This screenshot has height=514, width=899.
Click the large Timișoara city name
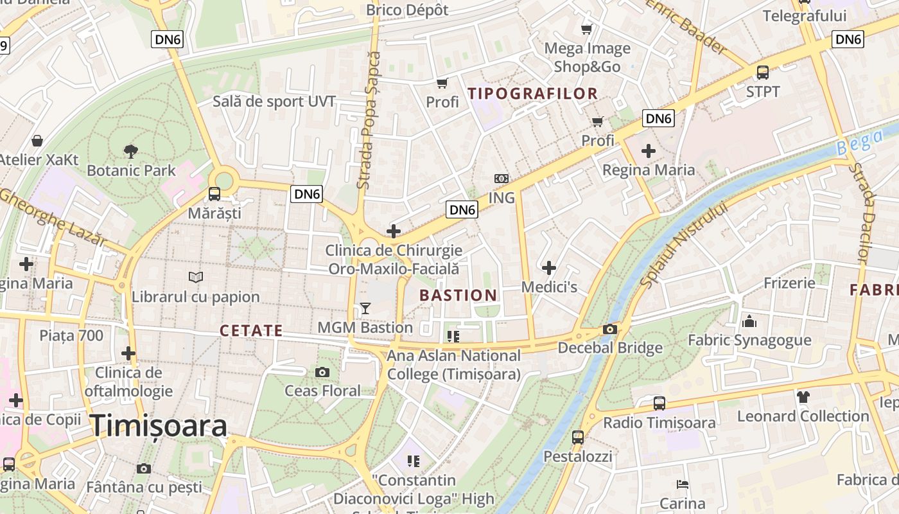click(158, 426)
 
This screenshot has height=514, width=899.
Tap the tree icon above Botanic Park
click(131, 152)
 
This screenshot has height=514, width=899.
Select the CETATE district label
click(251, 331)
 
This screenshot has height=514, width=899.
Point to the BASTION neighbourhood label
click(458, 296)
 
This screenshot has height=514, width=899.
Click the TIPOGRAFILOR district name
click(533, 94)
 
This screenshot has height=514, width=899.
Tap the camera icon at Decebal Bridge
click(609, 330)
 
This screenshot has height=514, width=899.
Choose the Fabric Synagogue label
click(749, 340)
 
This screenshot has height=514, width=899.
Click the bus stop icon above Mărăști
click(214, 193)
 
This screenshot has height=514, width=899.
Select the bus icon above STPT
click(763, 73)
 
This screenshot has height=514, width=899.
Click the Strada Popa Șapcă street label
click(368, 120)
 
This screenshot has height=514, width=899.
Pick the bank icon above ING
click(502, 179)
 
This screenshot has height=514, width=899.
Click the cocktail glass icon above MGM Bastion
click(365, 308)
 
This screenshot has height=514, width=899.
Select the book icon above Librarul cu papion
click(196, 277)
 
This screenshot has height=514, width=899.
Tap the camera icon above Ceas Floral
click(322, 372)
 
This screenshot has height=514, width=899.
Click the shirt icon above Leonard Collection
click(803, 397)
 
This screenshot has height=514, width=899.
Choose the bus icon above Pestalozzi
click(578, 438)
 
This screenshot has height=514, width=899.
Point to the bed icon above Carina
click(683, 484)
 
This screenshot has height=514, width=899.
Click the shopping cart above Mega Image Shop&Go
click(586, 29)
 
